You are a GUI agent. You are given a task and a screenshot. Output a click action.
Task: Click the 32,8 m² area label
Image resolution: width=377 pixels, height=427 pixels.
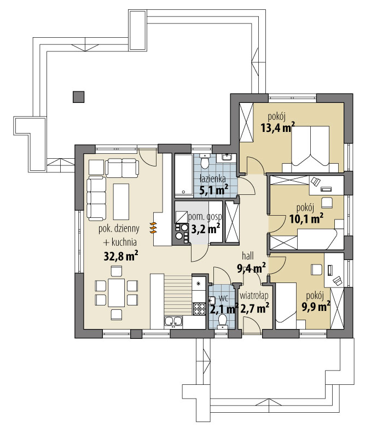point(120,255)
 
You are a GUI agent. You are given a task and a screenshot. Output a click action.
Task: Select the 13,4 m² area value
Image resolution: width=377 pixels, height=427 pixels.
point(277,129)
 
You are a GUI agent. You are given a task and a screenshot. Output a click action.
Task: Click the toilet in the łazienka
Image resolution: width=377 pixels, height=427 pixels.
point(205,163)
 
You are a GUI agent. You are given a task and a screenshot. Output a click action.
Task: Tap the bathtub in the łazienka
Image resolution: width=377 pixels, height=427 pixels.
point(183,175)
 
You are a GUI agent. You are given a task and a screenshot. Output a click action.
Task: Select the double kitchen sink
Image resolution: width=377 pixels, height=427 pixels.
point(174,322)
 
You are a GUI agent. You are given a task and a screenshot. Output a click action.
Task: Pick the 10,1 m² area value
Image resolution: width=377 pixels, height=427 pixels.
point(305,219)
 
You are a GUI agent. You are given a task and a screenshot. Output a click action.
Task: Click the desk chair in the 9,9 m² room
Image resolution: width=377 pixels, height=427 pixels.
point(316,269)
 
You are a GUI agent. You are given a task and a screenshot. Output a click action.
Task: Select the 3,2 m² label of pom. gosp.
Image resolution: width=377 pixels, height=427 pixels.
point(205,228)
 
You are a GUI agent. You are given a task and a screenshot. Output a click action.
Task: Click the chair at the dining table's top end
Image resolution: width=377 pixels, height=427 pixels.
point(116,270)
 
